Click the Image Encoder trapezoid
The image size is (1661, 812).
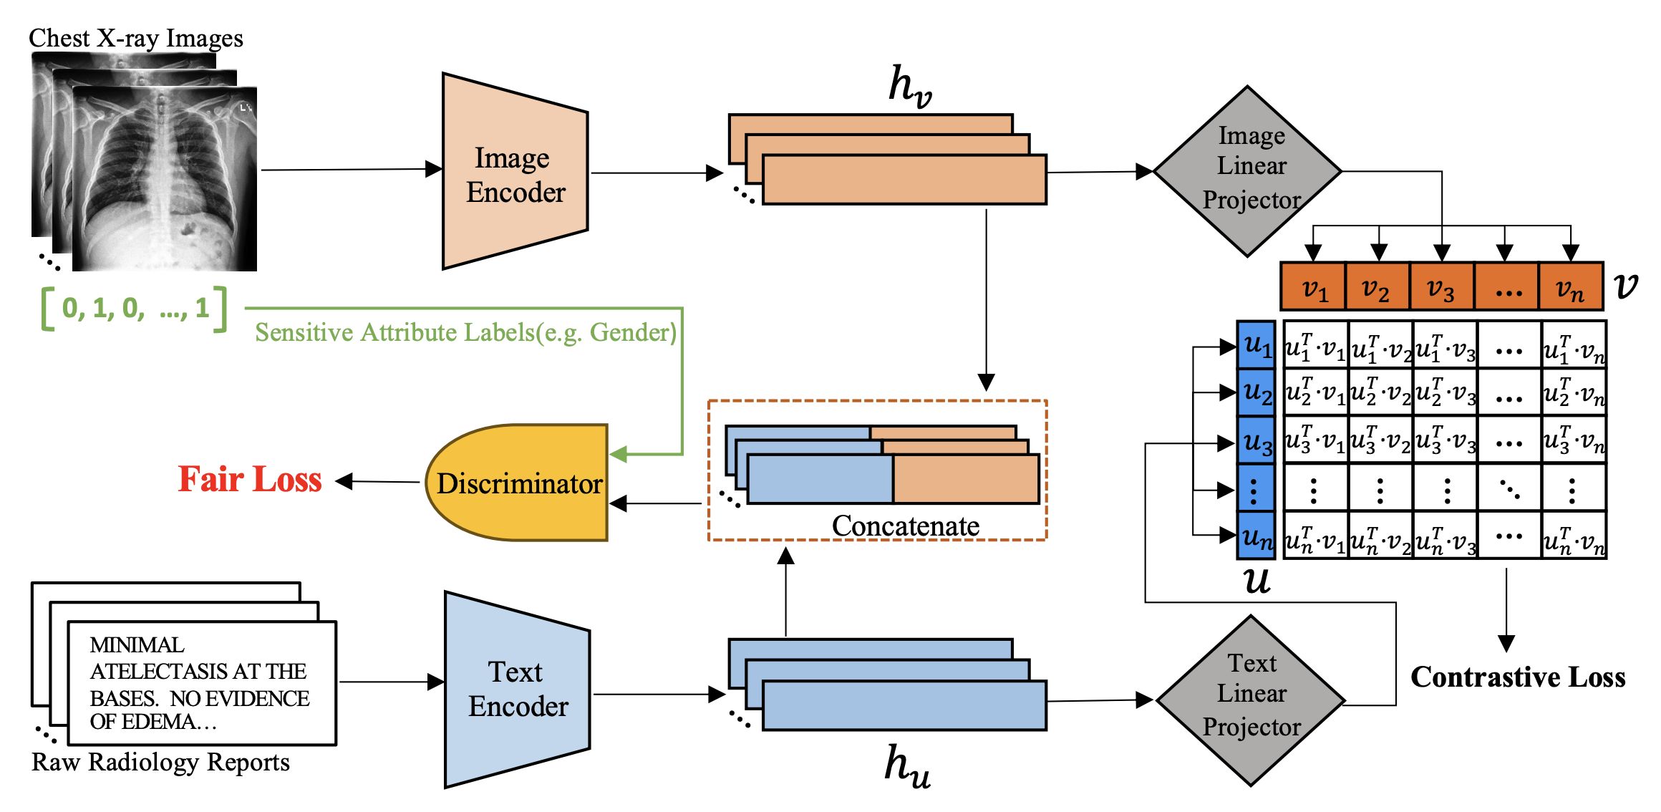tap(515, 173)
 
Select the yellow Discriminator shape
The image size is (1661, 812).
tap(518, 483)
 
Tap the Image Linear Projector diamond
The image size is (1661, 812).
tap(1249, 170)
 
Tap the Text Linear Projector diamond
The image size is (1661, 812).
tap(1251, 700)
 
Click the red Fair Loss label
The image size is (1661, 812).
tap(250, 480)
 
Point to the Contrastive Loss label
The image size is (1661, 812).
tap(1517, 677)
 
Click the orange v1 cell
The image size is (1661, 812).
tap(1314, 287)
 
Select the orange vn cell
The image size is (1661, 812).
tap(1570, 287)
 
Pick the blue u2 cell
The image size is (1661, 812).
tap(1256, 392)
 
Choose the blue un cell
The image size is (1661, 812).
tap(1256, 536)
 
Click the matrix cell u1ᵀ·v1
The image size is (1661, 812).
tap(1315, 346)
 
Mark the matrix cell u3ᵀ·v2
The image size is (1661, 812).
tap(1380, 440)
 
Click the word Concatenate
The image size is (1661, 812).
tap(905, 526)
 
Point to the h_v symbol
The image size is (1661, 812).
tap(909, 86)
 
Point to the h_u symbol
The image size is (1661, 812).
tap(907, 766)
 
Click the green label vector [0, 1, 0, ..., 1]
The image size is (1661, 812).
tap(135, 309)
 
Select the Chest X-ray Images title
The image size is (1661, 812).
tap(136, 38)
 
